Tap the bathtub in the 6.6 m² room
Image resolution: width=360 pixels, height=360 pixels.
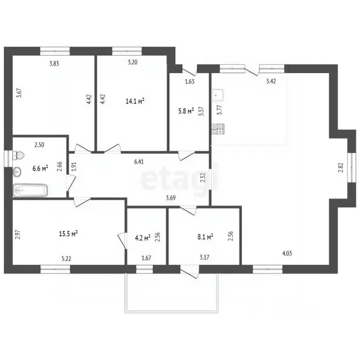pyautogui.click(x=30, y=190)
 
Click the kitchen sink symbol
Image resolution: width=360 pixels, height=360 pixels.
pyautogui.click(x=217, y=95)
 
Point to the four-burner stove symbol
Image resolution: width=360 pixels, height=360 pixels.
pyautogui.click(x=217, y=129)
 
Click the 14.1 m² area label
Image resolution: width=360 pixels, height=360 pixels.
pyautogui.click(x=135, y=101)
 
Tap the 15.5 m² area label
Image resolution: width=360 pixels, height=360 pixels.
pyautogui.click(x=68, y=234)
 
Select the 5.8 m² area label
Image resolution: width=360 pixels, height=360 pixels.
pyautogui.click(x=186, y=112)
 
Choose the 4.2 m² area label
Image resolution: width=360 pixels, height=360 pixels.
pyautogui.click(x=142, y=238)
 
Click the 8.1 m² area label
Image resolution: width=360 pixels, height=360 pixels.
pyautogui.click(x=205, y=237)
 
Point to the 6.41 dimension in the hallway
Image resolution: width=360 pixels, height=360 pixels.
pyautogui.click(x=139, y=162)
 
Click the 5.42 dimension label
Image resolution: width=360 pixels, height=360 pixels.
pyautogui.click(x=271, y=81)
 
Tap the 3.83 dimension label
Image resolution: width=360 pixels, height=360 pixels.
pyautogui.click(x=54, y=64)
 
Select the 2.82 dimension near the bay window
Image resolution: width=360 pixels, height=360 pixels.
pyautogui.click(x=340, y=167)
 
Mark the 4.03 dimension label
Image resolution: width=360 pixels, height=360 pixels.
pyautogui.click(x=287, y=254)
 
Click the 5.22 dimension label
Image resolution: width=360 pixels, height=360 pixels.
pyautogui.click(x=67, y=259)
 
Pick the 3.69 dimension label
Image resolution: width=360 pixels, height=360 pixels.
pyautogui.click(x=171, y=198)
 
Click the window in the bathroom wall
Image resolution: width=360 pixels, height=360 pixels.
pyautogui.click(x=8, y=158)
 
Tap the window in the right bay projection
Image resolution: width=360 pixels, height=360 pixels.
pyautogui.click(x=352, y=167)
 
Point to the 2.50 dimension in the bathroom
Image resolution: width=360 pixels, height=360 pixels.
pyautogui.click(x=39, y=145)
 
